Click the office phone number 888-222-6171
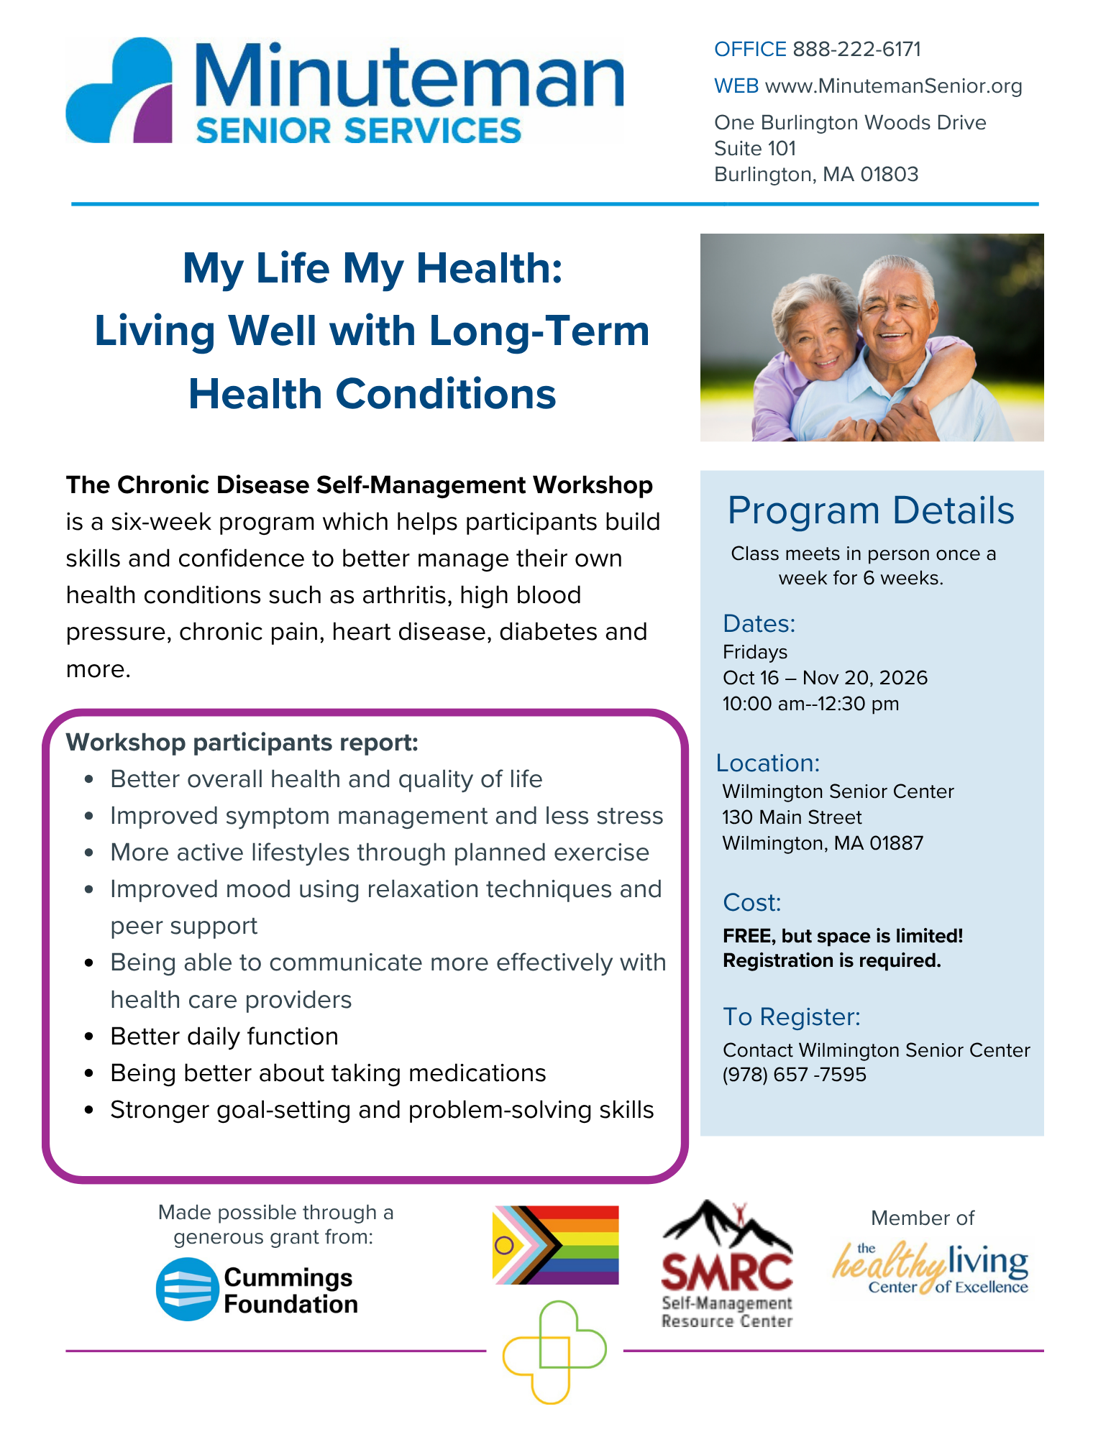(856, 49)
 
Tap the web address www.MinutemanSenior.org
(893, 86)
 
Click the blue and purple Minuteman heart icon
(119, 90)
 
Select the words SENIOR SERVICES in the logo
(358, 131)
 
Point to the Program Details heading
(871, 510)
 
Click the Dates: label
(759, 623)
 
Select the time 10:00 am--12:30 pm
(811, 704)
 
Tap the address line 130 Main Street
(792, 817)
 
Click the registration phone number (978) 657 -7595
(795, 1075)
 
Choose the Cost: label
(752, 902)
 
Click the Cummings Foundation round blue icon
(188, 1289)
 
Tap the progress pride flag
(555, 1245)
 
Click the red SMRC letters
(727, 1272)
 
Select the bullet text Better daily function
(224, 1037)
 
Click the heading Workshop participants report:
(242, 742)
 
